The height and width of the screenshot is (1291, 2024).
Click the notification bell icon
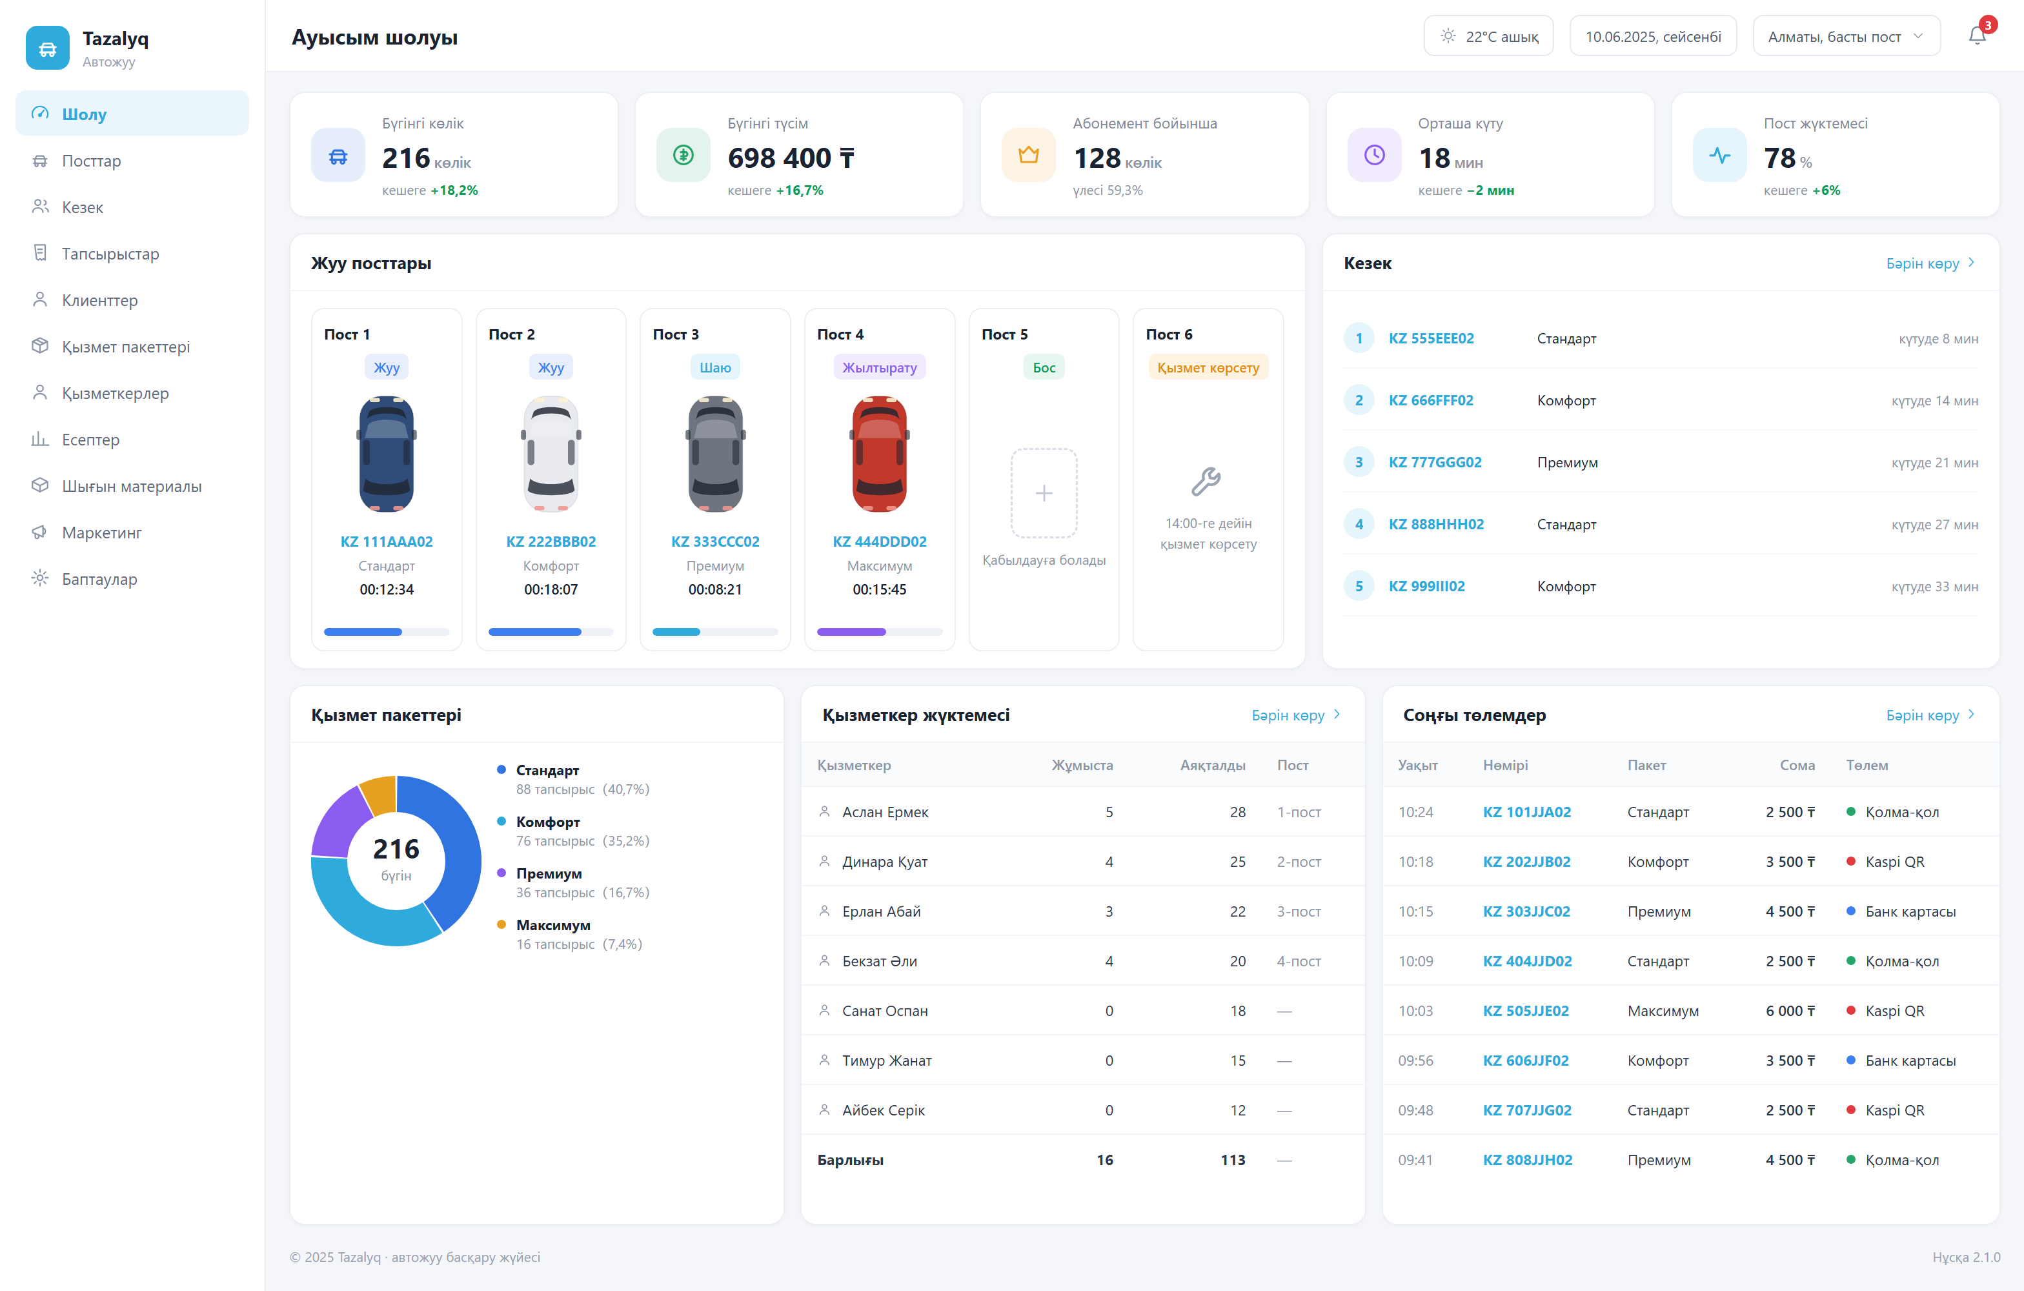pyautogui.click(x=1977, y=36)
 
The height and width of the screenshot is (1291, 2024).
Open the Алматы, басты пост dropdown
pyautogui.click(x=1846, y=36)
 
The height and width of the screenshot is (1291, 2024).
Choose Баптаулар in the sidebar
pyautogui.click(x=99, y=579)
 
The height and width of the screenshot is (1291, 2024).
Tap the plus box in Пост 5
pyautogui.click(x=1043, y=493)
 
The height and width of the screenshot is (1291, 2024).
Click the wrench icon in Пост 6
pyautogui.click(x=1207, y=481)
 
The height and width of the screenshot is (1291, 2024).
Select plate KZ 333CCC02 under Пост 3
pyautogui.click(x=715, y=542)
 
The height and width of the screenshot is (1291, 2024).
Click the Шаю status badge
pyautogui.click(x=715, y=367)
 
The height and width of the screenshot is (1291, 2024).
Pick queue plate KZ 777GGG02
pyautogui.click(x=1435, y=462)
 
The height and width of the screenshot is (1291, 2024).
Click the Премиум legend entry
pyautogui.click(x=549, y=873)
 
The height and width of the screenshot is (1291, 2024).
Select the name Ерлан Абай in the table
pyautogui.click(x=882, y=911)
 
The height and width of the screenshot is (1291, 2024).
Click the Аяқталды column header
pyautogui.click(x=1212, y=765)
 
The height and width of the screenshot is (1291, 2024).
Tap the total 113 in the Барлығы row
pyautogui.click(x=1233, y=1160)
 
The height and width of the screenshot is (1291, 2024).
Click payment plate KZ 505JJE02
pyautogui.click(x=1526, y=1010)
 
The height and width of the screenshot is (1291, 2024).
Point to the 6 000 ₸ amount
pyautogui.click(x=1790, y=1010)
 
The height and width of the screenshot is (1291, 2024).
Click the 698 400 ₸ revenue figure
pyautogui.click(x=791, y=158)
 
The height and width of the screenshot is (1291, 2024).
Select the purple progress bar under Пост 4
pyautogui.click(x=851, y=632)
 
